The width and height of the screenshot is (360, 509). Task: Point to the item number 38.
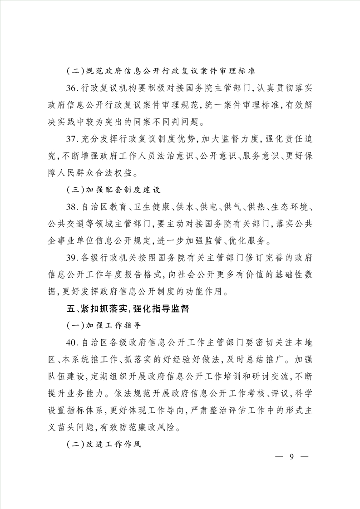pos(72,207)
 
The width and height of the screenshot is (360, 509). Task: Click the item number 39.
pos(72,259)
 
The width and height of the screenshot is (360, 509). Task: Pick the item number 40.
pos(72,341)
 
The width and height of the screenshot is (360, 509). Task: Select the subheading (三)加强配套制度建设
pos(113,190)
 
